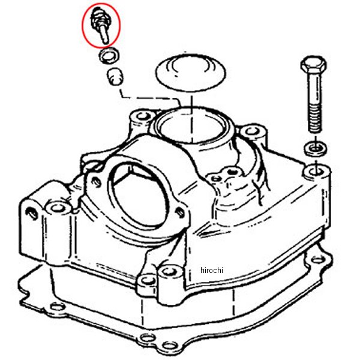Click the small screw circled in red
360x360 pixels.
tap(100, 24)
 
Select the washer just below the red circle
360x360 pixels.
tap(109, 56)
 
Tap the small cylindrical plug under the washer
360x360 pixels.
tap(115, 76)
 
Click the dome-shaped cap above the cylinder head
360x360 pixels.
tap(191, 73)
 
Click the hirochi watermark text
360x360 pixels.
tap(211, 270)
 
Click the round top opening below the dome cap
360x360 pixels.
tap(193, 127)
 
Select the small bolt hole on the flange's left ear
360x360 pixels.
tap(97, 181)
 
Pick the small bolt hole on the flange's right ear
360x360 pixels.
tap(180, 212)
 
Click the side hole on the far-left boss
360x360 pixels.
tap(31, 213)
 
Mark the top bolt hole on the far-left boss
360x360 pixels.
tap(58, 208)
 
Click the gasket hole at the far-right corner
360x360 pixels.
tap(318, 260)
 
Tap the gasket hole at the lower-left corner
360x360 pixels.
tap(57, 306)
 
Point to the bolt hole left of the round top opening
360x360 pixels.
tap(143, 116)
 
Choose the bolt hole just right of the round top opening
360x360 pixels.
tap(252, 131)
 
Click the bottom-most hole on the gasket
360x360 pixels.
tap(170, 345)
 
